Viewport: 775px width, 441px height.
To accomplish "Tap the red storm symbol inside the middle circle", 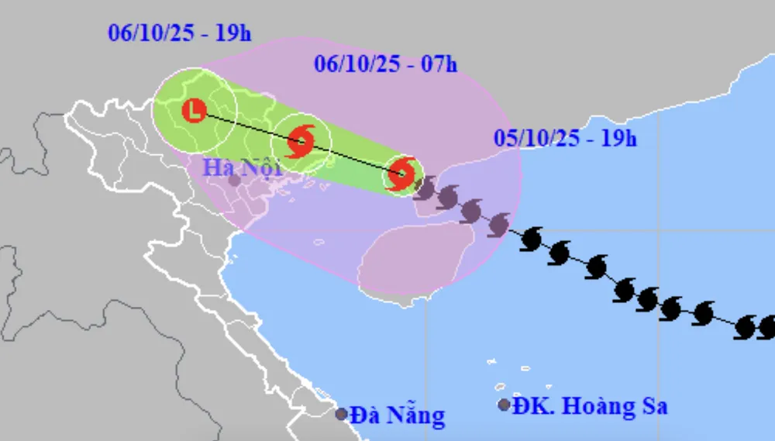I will coord(301,141).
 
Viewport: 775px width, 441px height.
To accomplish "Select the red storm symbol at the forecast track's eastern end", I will coord(401,173).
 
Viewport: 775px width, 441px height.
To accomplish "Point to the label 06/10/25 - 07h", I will coord(386,64).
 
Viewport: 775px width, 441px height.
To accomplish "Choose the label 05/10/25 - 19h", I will coord(566,139).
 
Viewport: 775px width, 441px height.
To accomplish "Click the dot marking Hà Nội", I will coord(234,181).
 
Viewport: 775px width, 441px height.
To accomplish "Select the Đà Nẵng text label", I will coord(398,415).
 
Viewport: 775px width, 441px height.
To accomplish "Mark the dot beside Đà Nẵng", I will coord(341,414).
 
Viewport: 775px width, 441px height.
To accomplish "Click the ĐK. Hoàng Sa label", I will coord(590,406).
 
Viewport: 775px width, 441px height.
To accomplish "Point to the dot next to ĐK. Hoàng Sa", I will coord(505,405).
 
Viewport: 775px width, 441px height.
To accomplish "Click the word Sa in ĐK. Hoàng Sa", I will coord(653,406).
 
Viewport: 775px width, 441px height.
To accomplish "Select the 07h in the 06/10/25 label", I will coord(439,64).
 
